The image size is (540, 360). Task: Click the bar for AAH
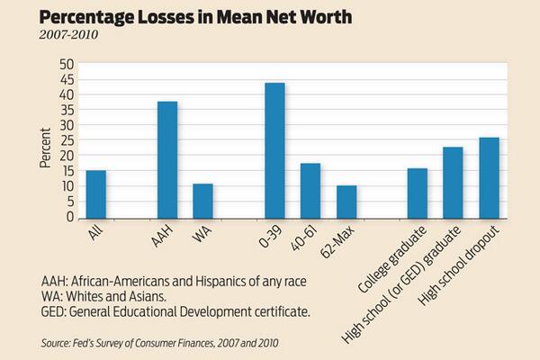click(x=167, y=160)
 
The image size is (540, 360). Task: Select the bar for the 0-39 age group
click(x=274, y=150)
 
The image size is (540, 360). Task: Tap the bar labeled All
click(x=96, y=194)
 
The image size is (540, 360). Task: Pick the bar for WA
click(x=202, y=202)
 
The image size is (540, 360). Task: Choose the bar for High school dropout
click(x=489, y=178)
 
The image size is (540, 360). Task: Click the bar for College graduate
click(x=418, y=193)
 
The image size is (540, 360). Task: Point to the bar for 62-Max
click(x=346, y=202)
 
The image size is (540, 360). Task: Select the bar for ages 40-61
click(x=310, y=191)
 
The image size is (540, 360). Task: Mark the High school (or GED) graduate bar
click(x=453, y=183)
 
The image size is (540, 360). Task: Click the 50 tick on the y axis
click(x=67, y=65)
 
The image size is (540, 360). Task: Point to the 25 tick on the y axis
click(x=67, y=140)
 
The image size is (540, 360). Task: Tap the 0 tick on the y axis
click(x=70, y=217)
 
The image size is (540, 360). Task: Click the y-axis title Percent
click(x=45, y=148)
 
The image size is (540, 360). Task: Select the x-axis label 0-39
click(x=271, y=237)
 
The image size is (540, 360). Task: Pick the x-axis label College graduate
click(x=392, y=259)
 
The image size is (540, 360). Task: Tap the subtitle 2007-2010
click(x=68, y=35)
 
